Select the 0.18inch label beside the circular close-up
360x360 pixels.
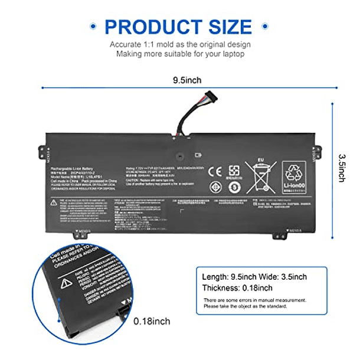(152, 321)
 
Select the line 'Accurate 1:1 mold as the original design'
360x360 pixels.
(180, 45)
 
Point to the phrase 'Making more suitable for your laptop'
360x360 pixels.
(180, 54)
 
